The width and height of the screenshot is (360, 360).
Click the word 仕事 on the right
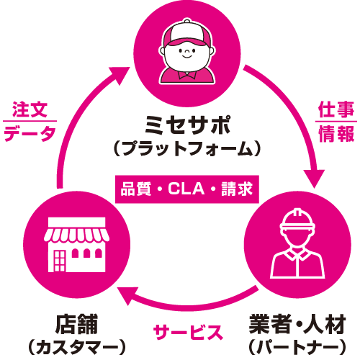click(x=335, y=110)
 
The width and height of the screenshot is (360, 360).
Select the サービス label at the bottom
click(x=186, y=333)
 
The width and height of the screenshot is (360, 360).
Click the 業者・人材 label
click(x=297, y=322)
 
